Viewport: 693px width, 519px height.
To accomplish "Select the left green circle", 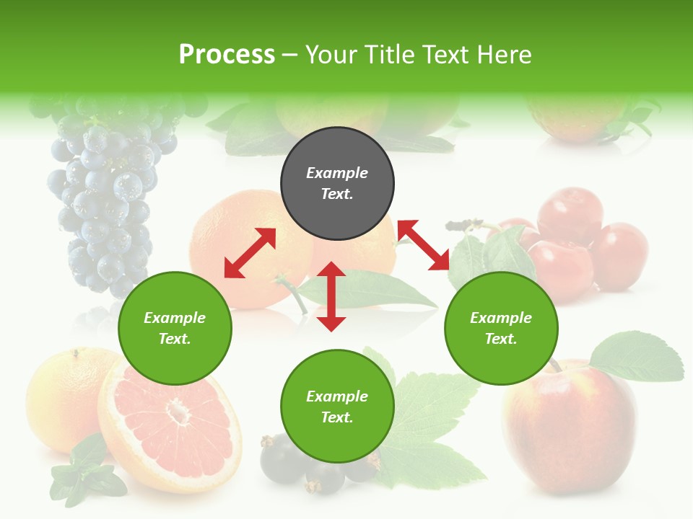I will [175, 328].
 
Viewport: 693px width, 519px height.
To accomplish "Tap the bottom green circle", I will [337, 407].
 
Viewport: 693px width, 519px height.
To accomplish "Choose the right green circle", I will [501, 328].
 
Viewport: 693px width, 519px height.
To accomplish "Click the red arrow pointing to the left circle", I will [250, 253].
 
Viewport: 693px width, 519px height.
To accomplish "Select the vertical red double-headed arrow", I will [331, 296].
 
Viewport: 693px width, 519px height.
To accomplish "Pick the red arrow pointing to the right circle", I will [424, 245].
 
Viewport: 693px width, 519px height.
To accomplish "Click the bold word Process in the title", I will [227, 55].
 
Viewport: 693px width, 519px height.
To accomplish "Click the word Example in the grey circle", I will [337, 173].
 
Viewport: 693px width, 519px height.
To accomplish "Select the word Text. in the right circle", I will [501, 339].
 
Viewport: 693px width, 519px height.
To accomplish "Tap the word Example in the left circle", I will [175, 318].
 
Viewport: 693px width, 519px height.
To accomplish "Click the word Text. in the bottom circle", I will [337, 417].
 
